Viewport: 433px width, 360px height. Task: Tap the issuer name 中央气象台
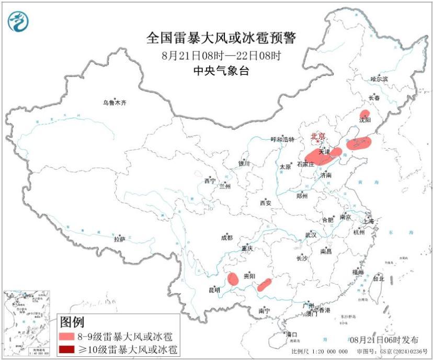click(x=221, y=71)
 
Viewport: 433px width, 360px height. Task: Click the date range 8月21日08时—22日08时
click(x=221, y=55)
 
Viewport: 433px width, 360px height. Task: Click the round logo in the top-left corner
click(x=19, y=21)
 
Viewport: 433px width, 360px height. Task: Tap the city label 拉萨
click(x=120, y=239)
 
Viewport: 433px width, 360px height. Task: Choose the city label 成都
click(x=226, y=238)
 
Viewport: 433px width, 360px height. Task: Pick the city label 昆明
click(x=214, y=290)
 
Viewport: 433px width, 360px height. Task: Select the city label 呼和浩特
click(x=282, y=139)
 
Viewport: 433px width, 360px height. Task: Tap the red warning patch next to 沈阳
click(x=364, y=114)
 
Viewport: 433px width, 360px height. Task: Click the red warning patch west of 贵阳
click(x=233, y=278)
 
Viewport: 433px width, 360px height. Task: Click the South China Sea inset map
click(x=27, y=324)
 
